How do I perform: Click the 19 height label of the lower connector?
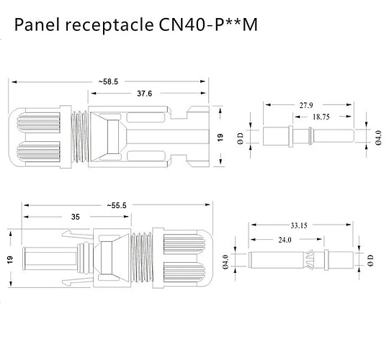tap(10, 261)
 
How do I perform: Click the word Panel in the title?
tap(37, 26)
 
